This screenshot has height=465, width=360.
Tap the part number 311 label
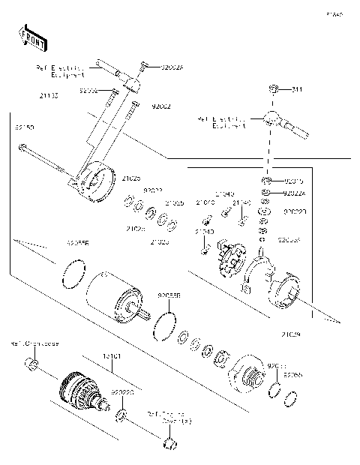(x=297, y=90)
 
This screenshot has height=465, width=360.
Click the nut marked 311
(x=276, y=90)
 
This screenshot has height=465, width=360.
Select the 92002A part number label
(x=172, y=67)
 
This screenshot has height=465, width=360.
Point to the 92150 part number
(x=25, y=127)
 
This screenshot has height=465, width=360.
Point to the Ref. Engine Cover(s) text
(x=169, y=417)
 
